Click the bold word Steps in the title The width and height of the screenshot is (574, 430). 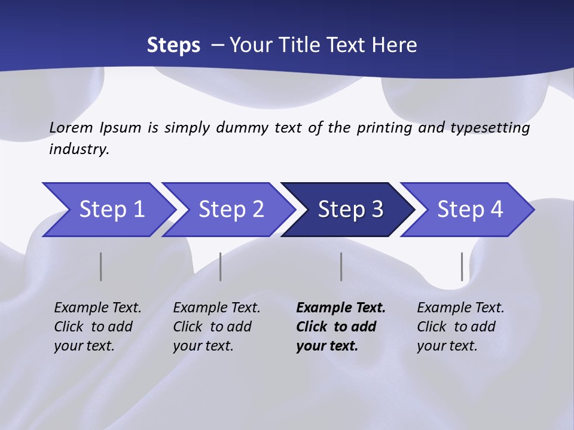pyautogui.click(x=173, y=45)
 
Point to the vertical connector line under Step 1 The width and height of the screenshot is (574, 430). pyautogui.click(x=101, y=266)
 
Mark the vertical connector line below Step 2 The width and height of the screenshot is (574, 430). pyautogui.click(x=221, y=266)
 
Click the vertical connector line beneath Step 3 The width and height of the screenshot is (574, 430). pyautogui.click(x=341, y=266)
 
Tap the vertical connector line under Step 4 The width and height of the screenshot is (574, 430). pyautogui.click(x=462, y=266)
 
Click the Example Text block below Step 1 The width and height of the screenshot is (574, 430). pyautogui.click(x=97, y=327)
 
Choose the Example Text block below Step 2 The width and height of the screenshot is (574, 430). pyautogui.click(x=216, y=327)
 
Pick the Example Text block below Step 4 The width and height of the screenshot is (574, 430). pyautogui.click(x=460, y=327)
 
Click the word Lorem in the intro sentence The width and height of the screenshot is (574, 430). pyautogui.click(x=72, y=128)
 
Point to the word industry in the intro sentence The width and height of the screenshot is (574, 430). pyautogui.click(x=78, y=149)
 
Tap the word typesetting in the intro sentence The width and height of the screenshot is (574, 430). pyautogui.click(x=490, y=128)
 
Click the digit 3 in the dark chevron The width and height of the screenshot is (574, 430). pyautogui.click(x=377, y=210)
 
